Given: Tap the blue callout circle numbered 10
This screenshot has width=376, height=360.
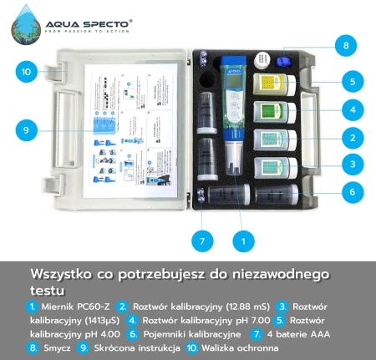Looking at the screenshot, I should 26,72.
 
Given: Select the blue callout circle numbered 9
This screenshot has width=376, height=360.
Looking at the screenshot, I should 26,129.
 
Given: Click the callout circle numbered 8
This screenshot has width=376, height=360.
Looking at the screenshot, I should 343,44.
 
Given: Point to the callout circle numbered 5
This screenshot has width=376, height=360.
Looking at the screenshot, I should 353,82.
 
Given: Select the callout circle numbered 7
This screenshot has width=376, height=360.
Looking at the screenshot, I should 201,241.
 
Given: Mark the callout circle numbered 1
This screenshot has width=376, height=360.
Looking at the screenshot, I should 243,241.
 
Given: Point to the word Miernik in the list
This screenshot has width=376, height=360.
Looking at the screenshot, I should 59,307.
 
